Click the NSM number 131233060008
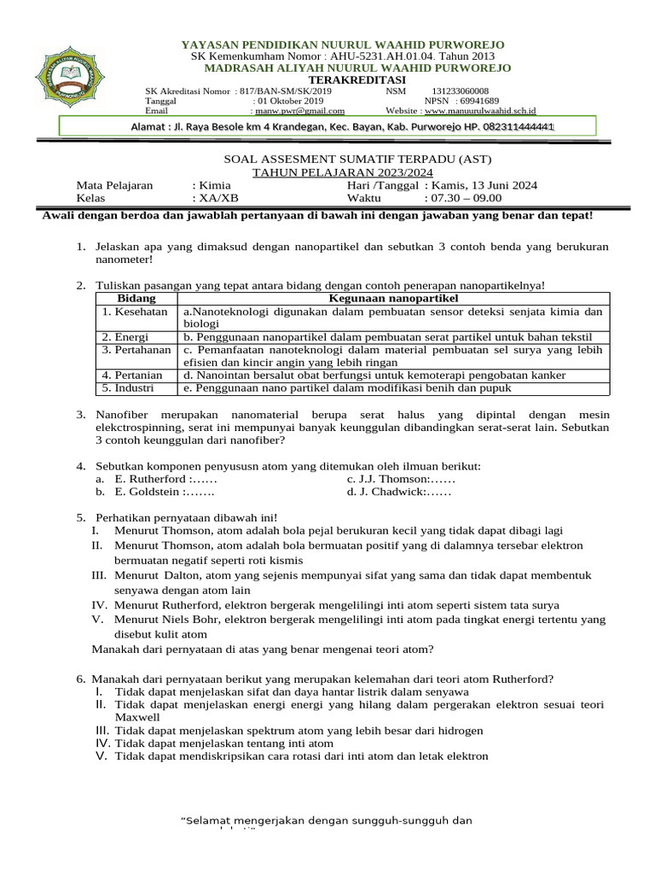tap(461, 90)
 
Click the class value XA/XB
tap(216, 197)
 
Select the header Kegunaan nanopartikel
tap(394, 298)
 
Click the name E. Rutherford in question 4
tap(148, 479)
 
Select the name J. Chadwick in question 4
tap(393, 492)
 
